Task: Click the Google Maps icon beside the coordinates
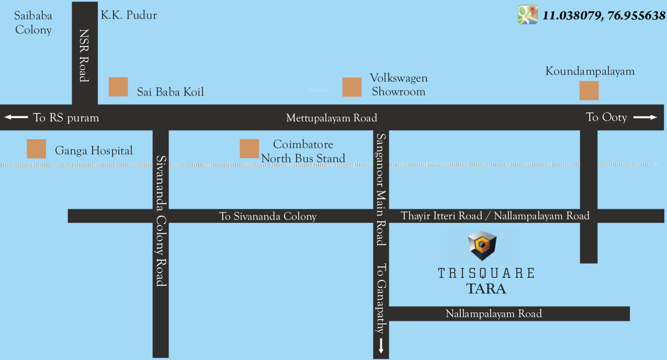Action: point(528,15)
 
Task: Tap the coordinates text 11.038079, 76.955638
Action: point(604,16)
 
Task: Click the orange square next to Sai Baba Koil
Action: point(118,87)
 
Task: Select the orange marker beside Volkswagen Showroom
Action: point(352,87)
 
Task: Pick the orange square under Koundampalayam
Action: point(589,91)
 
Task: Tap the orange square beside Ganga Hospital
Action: point(37,149)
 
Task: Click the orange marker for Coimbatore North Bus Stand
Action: point(250,149)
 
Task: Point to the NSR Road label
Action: point(84,55)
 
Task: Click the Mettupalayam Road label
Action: point(332,118)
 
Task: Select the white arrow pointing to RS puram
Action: point(16,117)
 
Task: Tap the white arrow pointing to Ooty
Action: point(645,117)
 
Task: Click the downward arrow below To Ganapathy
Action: point(381,345)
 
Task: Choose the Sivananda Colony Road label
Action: point(161,220)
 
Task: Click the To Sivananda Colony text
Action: point(267,216)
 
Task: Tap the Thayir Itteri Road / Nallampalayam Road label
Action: point(495,216)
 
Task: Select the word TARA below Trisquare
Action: point(486,288)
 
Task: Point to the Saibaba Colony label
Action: point(33,23)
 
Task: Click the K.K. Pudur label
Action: point(129,15)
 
